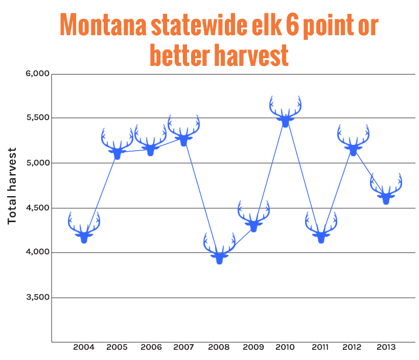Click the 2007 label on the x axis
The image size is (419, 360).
[x=183, y=347]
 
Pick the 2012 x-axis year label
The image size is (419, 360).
[x=352, y=347]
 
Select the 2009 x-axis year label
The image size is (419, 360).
[x=253, y=347]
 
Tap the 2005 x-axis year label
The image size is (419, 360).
[x=117, y=347]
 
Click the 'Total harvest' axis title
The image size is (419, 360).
[x=12, y=186]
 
